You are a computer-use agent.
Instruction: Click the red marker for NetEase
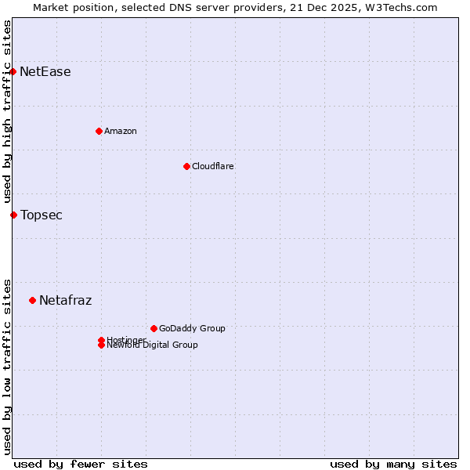[13, 71]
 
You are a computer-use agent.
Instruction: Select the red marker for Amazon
[99, 131]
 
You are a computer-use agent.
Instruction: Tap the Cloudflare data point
[186, 166]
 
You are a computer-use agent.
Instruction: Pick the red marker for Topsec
[13, 215]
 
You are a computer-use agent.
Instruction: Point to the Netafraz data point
[32, 300]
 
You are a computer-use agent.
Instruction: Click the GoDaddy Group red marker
[154, 328]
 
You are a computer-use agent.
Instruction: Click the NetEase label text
[45, 72]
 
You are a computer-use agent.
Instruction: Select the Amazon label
[121, 131]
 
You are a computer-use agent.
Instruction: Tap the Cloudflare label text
[213, 166]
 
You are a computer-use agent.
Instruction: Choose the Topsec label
[42, 215]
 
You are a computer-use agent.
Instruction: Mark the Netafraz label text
[66, 301]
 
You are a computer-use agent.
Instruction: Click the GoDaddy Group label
[192, 328]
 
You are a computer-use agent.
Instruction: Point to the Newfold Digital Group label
[153, 345]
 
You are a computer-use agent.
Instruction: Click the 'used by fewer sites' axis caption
[81, 464]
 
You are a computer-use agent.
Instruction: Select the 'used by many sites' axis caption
[393, 464]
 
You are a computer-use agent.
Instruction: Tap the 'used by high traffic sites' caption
[7, 111]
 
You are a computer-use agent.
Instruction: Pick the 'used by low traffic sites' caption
[7, 366]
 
